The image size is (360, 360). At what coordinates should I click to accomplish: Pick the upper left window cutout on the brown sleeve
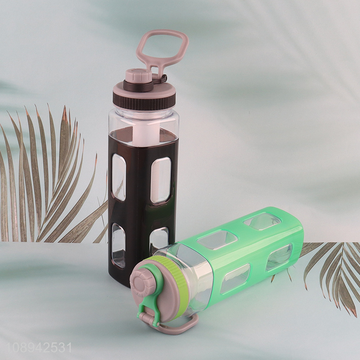(x=119, y=177)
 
